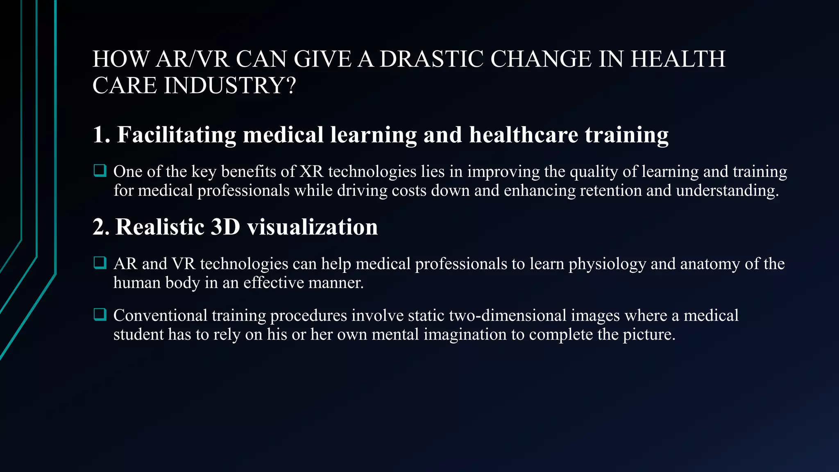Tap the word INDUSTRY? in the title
pos(229,86)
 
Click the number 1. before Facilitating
pos(102,135)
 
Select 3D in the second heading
pos(225,227)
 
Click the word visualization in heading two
pos(312,227)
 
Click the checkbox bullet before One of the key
pos(100,170)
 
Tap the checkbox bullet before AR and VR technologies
pos(100,263)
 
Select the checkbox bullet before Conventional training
pos(100,314)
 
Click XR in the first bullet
pos(311,172)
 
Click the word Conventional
pos(161,315)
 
